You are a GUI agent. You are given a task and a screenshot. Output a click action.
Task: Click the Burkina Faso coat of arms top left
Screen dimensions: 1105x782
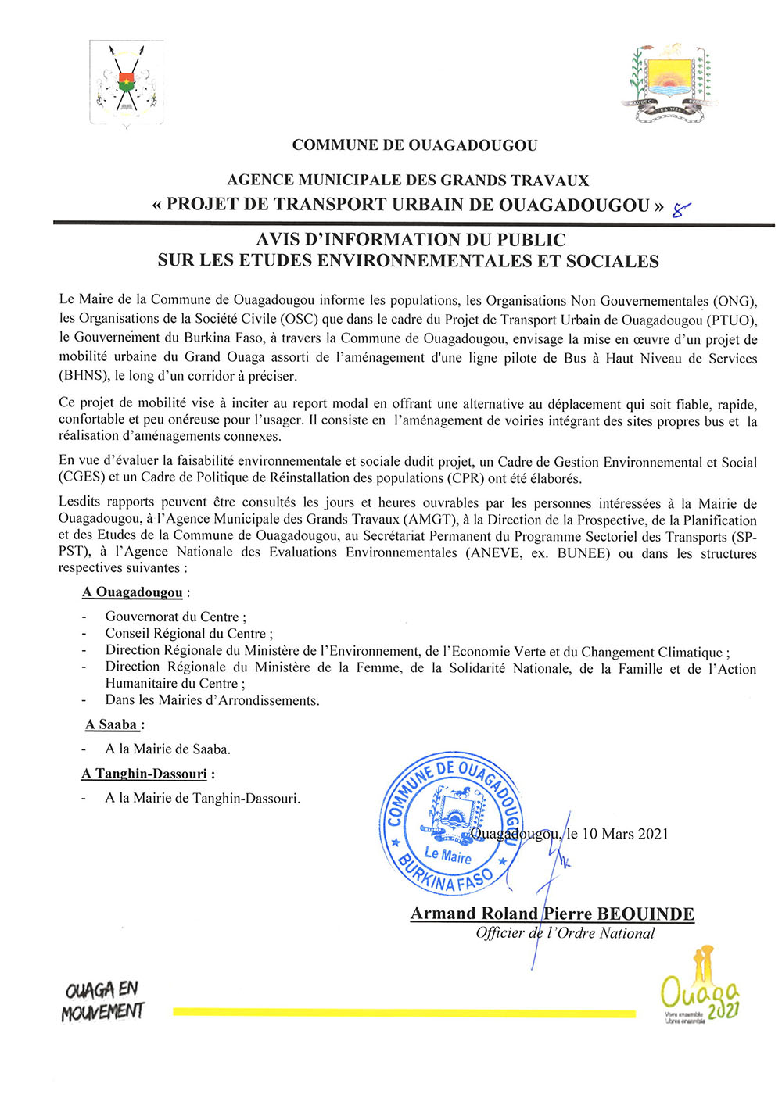click(x=126, y=84)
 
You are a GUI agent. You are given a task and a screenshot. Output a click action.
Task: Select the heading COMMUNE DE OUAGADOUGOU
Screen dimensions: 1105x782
click(x=414, y=145)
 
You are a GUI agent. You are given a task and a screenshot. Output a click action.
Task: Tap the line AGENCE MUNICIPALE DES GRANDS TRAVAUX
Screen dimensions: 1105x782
click(x=408, y=181)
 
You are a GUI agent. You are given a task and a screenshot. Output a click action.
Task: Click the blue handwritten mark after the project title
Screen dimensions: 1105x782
click(x=681, y=209)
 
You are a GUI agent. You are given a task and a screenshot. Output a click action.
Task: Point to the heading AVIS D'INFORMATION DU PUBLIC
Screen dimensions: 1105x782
click(x=411, y=240)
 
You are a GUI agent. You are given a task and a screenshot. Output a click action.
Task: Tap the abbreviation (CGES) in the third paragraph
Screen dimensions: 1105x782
click(x=83, y=477)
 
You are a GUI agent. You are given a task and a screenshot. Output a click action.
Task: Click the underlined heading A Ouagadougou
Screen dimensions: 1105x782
click(x=132, y=592)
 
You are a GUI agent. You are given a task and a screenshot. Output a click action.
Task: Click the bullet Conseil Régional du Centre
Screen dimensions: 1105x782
click(x=188, y=634)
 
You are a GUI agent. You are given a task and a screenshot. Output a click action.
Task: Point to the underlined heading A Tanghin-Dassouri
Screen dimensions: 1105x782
click(x=145, y=774)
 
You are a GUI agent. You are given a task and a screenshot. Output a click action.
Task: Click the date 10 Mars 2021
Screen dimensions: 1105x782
click(x=625, y=834)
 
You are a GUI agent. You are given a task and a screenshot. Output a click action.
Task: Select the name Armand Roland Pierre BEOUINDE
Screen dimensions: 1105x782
click(x=552, y=914)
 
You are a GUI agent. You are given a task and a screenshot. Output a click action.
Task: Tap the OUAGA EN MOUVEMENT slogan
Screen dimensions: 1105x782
click(x=103, y=1001)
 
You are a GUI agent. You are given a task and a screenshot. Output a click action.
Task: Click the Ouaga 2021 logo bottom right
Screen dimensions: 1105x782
click(x=700, y=989)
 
